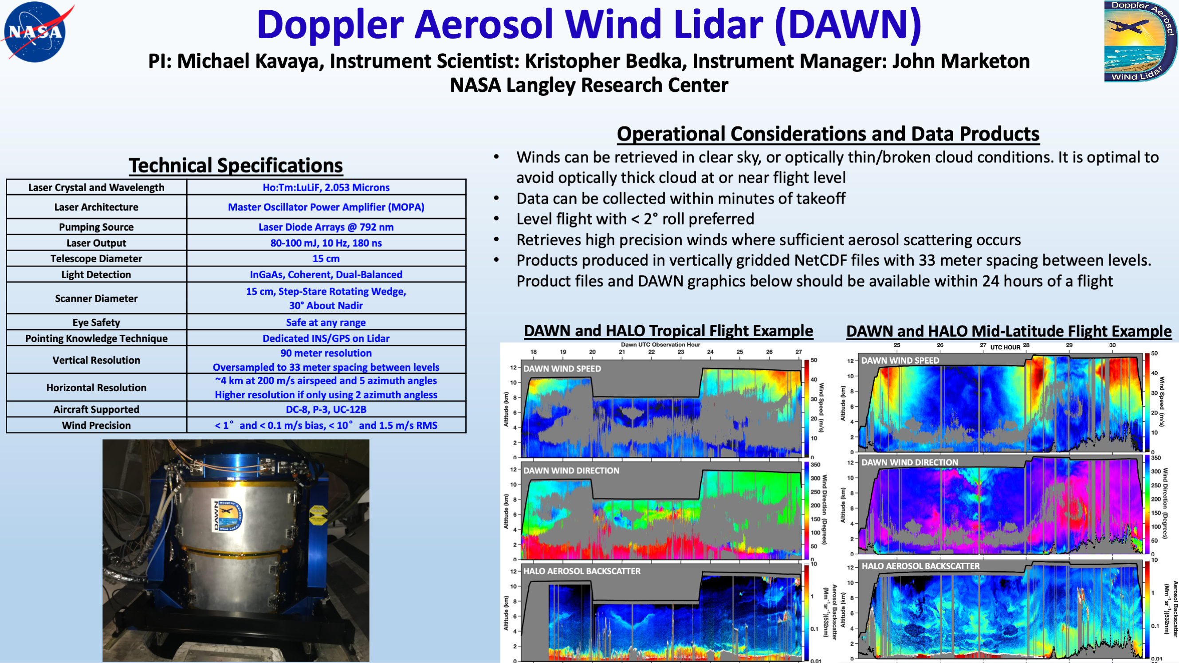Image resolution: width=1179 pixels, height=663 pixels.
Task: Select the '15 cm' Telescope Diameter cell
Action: click(x=326, y=259)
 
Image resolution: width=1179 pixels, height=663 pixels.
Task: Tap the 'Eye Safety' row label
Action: click(x=96, y=322)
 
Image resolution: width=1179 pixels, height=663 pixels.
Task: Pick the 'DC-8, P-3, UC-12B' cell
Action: click(x=326, y=409)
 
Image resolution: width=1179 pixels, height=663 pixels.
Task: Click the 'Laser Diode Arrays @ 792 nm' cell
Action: click(x=326, y=227)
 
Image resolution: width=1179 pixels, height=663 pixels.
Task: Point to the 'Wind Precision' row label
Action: click(x=96, y=426)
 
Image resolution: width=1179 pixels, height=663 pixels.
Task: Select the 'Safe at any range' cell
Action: click(x=326, y=322)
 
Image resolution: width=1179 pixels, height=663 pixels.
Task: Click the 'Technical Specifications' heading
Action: click(x=236, y=165)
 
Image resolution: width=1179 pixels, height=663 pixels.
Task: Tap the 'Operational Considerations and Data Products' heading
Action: click(x=828, y=134)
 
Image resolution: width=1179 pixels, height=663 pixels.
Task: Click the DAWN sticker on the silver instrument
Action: click(x=228, y=516)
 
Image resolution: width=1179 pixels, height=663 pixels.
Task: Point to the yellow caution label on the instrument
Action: click(x=318, y=515)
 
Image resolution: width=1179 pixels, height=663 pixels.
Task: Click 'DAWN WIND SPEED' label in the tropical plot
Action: click(x=562, y=369)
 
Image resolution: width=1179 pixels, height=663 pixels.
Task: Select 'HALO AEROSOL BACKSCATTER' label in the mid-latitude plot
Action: click(x=920, y=566)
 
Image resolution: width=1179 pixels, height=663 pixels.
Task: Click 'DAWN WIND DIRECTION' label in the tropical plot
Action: click(x=571, y=471)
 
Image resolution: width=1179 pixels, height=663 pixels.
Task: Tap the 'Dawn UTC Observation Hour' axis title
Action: click(x=660, y=345)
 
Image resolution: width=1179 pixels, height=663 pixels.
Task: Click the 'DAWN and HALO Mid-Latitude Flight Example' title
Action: click(x=1009, y=331)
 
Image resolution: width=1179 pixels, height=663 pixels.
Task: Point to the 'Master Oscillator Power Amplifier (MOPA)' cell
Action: click(x=326, y=207)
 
